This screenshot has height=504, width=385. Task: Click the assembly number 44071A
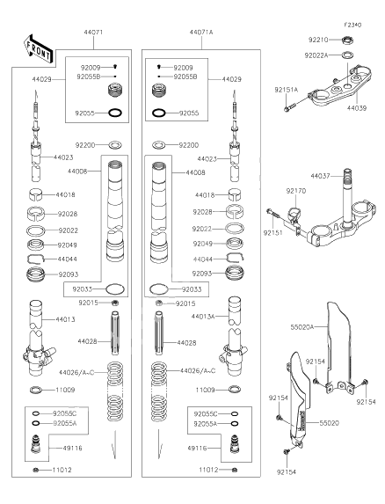200,32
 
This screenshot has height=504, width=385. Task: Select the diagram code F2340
353,26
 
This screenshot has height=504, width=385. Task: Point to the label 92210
317,40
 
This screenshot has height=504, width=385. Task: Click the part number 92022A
317,55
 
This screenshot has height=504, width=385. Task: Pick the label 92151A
286,90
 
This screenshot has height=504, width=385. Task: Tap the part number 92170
295,190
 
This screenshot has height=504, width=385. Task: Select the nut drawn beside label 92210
345,40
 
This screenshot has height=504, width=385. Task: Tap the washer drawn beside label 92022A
346,56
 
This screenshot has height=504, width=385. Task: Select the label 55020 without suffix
329,423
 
